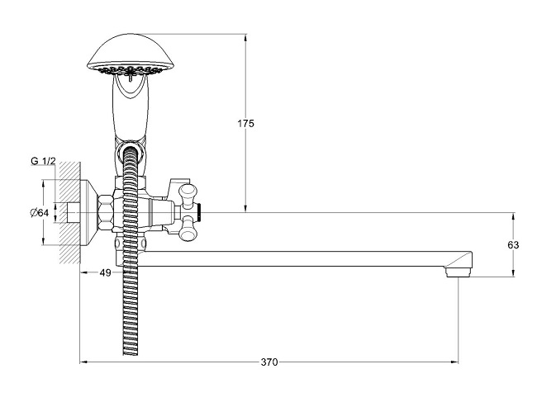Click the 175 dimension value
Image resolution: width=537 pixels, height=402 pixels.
point(245,124)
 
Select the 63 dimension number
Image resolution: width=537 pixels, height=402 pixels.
point(513,245)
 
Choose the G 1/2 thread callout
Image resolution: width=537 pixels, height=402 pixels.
point(43,161)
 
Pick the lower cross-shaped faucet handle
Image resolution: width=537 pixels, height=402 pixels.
point(191,230)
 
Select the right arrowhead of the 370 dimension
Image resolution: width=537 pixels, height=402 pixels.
point(457,362)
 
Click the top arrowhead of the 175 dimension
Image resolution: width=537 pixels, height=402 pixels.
point(245,36)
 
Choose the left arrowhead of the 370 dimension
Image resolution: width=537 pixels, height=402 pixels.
point(82,362)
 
